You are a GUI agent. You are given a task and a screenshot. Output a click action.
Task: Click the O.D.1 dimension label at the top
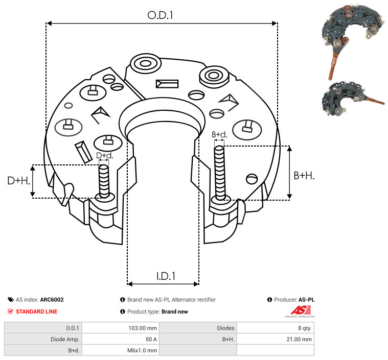(161, 15)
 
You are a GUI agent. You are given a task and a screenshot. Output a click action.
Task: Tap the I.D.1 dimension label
(166, 276)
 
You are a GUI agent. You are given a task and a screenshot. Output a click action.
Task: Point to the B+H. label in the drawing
(304, 176)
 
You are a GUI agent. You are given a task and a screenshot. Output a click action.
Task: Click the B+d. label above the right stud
(219, 135)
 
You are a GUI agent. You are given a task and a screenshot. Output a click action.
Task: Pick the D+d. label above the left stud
(104, 155)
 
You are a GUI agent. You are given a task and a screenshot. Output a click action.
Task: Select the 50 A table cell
(151, 339)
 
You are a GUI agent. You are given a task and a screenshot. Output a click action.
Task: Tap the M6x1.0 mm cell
(142, 350)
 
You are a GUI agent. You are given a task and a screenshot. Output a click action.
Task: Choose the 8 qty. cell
(303, 328)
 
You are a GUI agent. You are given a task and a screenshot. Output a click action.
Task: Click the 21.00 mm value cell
(300, 339)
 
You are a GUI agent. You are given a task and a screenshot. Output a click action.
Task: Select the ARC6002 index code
(52, 300)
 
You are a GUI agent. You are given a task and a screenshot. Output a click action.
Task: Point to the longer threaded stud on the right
(220, 173)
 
